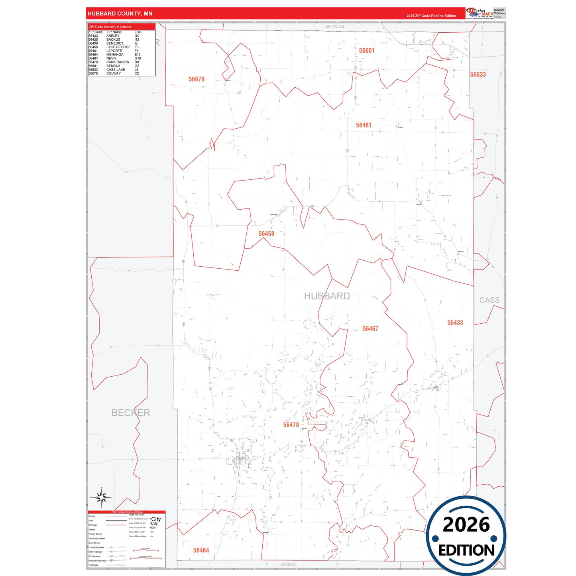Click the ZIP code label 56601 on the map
tap(366, 51)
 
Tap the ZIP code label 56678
tap(196, 79)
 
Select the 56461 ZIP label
tap(364, 125)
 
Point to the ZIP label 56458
tap(266, 234)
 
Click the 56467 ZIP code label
tap(370, 328)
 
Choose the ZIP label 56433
tap(455, 322)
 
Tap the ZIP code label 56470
tap(291, 425)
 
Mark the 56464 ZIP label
tap(201, 550)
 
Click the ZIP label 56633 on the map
tap(478, 75)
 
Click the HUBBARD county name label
tap(326, 296)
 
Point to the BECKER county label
tap(131, 413)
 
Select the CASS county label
tap(489, 300)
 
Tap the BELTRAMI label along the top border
tap(334, 27)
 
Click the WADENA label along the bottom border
tap(288, 564)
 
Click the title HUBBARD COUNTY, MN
tap(120, 14)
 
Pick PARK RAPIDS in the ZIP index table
tap(118, 62)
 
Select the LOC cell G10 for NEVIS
tap(138, 58)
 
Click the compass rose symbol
tap(101, 497)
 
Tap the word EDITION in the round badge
tap(466, 550)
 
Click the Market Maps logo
tap(480, 13)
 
